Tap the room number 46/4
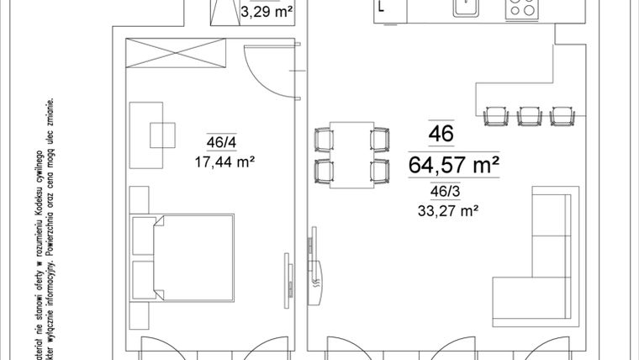(x=221, y=141)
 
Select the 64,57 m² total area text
(x=453, y=164)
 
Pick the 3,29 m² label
(x=266, y=13)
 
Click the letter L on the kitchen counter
(x=383, y=9)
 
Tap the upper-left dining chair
(x=323, y=138)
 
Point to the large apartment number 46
(x=441, y=134)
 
